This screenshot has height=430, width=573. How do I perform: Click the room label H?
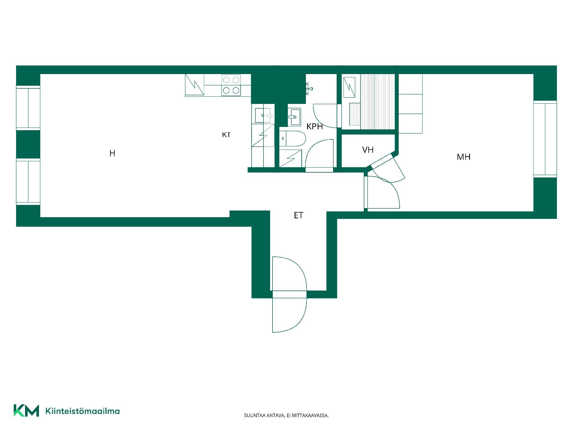point(112,153)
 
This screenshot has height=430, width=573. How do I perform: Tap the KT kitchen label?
point(226,135)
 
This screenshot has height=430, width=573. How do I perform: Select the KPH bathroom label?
point(315,126)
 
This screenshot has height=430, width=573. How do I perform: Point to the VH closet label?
point(368,150)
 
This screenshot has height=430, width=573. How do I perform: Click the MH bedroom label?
point(463,157)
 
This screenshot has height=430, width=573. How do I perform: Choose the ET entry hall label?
point(298,215)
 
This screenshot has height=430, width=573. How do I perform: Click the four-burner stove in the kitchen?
point(231,85)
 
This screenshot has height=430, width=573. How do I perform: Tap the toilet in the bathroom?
point(292,139)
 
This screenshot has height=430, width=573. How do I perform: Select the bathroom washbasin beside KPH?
point(294,117)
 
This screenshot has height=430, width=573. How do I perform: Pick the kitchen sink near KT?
point(263,115)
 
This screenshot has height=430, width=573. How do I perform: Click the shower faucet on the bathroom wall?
point(309,87)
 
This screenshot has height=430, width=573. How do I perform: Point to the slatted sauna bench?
point(378,102)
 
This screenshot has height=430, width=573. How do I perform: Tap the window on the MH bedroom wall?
point(545,139)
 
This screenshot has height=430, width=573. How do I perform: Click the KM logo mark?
point(26,411)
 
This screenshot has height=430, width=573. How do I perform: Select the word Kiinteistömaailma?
point(82,411)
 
